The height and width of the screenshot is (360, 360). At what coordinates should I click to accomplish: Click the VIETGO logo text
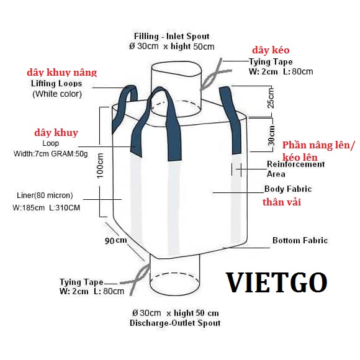click(277, 282)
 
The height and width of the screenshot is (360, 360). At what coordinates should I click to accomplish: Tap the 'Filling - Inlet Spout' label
click(172, 36)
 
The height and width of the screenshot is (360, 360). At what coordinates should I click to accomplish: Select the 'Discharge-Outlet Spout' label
click(175, 323)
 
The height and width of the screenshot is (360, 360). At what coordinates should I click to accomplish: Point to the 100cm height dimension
click(100, 166)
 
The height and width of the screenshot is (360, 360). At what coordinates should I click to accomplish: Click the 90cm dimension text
click(115, 241)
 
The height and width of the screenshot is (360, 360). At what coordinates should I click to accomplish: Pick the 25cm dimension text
click(271, 98)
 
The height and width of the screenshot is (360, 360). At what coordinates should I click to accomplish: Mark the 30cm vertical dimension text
click(271, 135)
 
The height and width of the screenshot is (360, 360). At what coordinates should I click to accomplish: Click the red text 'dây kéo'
click(271, 50)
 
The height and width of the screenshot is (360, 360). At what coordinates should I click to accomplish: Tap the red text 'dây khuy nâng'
click(62, 73)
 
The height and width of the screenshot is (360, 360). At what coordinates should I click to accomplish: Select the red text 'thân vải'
click(282, 202)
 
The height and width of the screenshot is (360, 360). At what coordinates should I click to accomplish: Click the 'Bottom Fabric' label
click(300, 240)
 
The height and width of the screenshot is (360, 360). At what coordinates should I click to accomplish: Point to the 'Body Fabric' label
click(288, 189)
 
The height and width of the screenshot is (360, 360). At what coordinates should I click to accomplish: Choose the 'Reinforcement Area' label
click(295, 169)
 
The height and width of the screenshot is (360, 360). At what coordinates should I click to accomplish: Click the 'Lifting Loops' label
click(56, 84)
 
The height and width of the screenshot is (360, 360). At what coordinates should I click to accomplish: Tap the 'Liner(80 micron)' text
click(45, 196)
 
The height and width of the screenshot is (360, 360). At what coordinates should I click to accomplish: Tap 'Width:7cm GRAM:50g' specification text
click(51, 153)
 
